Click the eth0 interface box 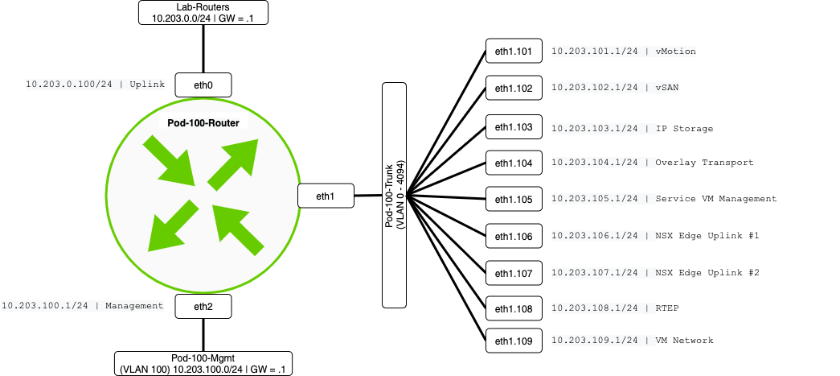point(203,85)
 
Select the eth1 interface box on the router point(325,196)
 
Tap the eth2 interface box point(203,306)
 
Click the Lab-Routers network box point(203,12)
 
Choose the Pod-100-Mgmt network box point(203,362)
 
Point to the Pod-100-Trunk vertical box point(394,196)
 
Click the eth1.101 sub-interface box point(514,52)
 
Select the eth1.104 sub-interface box point(514,163)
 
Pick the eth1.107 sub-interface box point(514,274)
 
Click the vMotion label point(675,52)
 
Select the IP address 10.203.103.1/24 point(594,128)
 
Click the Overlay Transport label point(704,163)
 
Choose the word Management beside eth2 point(134,305)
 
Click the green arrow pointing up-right point(234,163)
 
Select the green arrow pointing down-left point(170,225)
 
